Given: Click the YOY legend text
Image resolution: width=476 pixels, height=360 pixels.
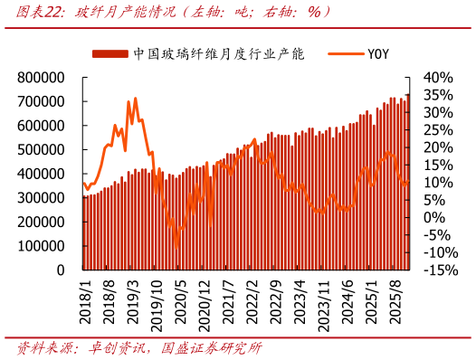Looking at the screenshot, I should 377,53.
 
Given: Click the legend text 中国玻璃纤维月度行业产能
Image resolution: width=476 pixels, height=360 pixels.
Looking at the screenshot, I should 216,53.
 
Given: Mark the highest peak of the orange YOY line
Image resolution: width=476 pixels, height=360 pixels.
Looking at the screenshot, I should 135,99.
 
